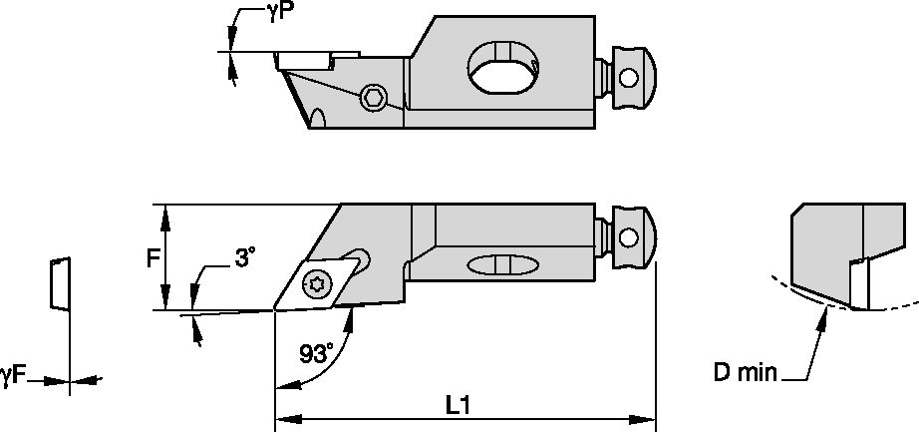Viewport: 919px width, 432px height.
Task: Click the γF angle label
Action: coord(13,376)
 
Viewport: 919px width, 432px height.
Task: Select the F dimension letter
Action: coord(153,258)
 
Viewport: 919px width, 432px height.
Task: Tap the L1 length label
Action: coord(459,405)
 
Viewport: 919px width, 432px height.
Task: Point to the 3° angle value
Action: coord(245,256)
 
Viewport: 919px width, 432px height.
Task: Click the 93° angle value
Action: coord(316,353)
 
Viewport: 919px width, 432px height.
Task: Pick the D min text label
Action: coord(746,374)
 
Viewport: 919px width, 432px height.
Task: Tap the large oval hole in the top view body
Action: coord(502,69)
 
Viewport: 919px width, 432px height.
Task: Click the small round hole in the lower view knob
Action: coord(628,237)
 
